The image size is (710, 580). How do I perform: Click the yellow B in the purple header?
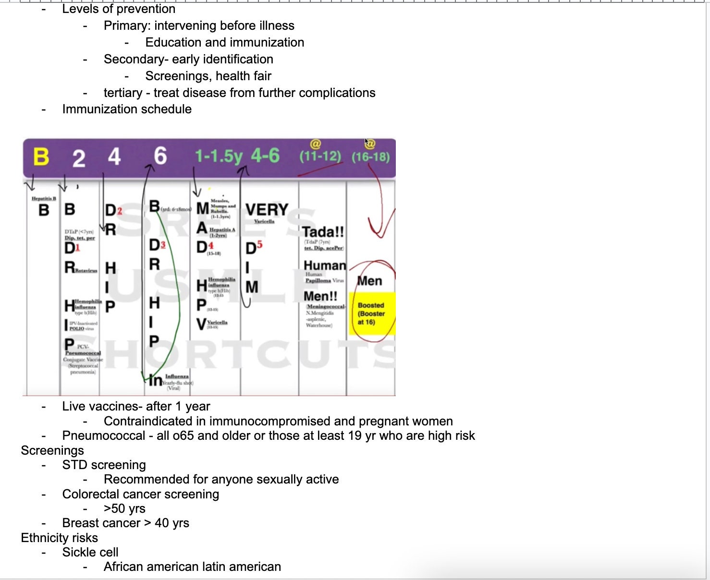[41, 157]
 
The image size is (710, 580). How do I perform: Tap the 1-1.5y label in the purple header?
[219, 156]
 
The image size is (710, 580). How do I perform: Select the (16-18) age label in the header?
[370, 157]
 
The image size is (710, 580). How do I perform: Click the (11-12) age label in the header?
[320, 157]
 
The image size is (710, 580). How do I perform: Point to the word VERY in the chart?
[267, 210]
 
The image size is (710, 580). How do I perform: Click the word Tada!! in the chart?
[323, 231]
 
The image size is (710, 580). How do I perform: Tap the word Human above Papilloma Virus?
[325, 266]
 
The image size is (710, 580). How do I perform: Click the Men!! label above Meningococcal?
[320, 296]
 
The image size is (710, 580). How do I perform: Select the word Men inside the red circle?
[369, 281]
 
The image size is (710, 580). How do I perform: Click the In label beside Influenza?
[155, 380]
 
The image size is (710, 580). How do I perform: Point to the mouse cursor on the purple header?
[367, 142]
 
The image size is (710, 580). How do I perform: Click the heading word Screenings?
[52, 450]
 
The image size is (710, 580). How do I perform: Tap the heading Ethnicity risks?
[60, 538]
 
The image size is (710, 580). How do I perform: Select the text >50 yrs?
[124, 508]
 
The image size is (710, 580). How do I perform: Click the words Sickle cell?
[90, 552]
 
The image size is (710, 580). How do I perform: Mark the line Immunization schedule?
[127, 109]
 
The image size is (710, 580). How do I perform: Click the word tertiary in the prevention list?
[123, 93]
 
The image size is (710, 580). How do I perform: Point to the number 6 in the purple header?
[160, 156]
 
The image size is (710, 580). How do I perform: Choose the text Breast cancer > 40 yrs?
[125, 523]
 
